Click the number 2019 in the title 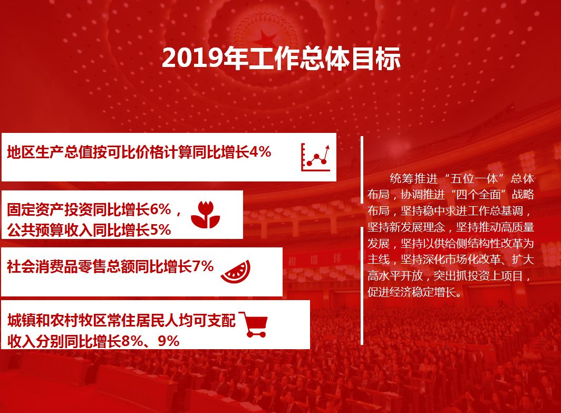(193, 58)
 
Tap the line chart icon (315, 157)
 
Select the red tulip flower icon (206, 215)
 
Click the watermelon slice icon (236, 272)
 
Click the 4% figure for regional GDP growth (260, 152)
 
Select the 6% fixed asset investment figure (161, 209)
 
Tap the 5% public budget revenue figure (160, 230)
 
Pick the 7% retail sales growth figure (203, 266)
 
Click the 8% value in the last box (132, 341)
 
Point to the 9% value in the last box (169, 341)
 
